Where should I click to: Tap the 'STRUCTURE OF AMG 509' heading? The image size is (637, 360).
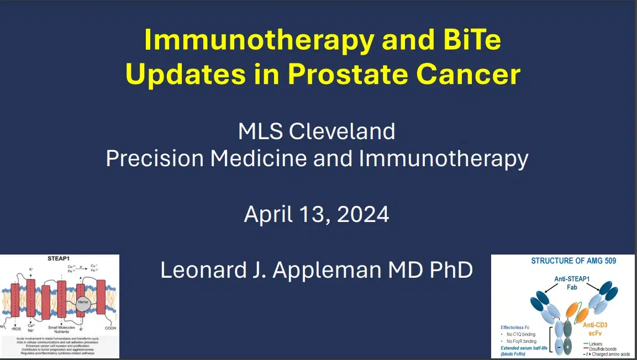coord(565,261)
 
